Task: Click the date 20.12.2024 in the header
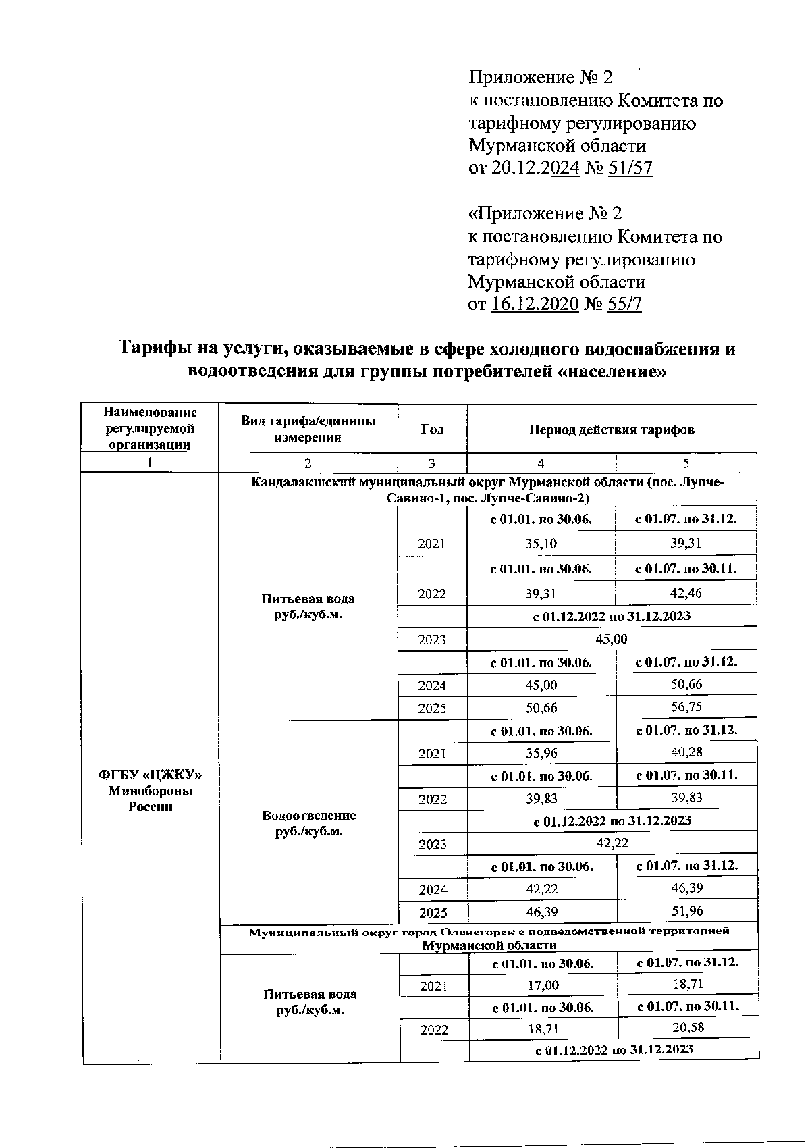point(535,168)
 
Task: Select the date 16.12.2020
point(535,305)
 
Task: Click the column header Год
point(432,429)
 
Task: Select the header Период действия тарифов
point(612,429)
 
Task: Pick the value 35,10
point(541,544)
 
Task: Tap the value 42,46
point(686,593)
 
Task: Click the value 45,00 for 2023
point(612,639)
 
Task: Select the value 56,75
point(686,707)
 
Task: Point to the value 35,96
point(541,753)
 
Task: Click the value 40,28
point(686,752)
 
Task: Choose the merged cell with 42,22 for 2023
point(612,843)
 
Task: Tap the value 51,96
point(686,911)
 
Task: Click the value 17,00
point(543,985)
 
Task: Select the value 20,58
point(688,1028)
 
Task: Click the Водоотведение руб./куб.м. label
point(309,823)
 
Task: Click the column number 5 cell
point(686,463)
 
